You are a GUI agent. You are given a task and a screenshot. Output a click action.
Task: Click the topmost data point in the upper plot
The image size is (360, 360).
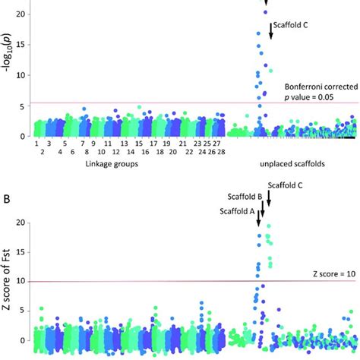pyautogui.click(x=266, y=11)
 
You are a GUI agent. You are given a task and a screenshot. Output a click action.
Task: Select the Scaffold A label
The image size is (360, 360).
pyautogui.click(x=238, y=210)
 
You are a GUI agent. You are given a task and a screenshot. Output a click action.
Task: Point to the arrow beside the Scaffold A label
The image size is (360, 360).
pyautogui.click(x=257, y=218)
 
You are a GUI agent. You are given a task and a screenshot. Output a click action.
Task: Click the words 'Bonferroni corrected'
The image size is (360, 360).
pyautogui.click(x=317, y=87)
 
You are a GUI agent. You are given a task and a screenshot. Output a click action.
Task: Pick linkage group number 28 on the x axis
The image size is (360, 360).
pyautogui.click(x=220, y=152)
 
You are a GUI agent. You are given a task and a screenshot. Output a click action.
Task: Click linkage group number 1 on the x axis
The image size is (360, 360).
pyautogui.click(x=36, y=142)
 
